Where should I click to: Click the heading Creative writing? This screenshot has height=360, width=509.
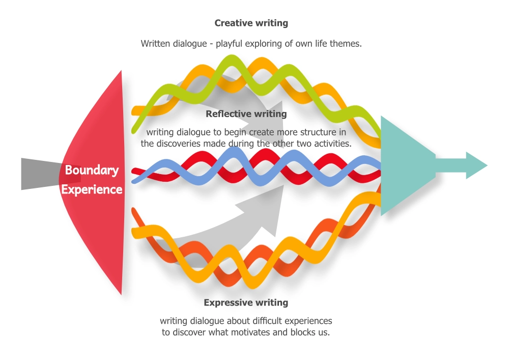pos(251,23)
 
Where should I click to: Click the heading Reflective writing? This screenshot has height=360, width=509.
pos(246,114)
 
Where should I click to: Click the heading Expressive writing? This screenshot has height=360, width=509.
pos(246,302)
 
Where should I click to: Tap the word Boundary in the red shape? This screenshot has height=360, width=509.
pos(92,170)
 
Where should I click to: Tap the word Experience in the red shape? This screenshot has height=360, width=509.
pos(92,189)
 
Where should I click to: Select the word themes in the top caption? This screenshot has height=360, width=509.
pos(346,44)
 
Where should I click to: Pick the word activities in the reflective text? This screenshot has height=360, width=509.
pos(331,144)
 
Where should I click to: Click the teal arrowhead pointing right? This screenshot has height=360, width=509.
pos(476,165)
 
